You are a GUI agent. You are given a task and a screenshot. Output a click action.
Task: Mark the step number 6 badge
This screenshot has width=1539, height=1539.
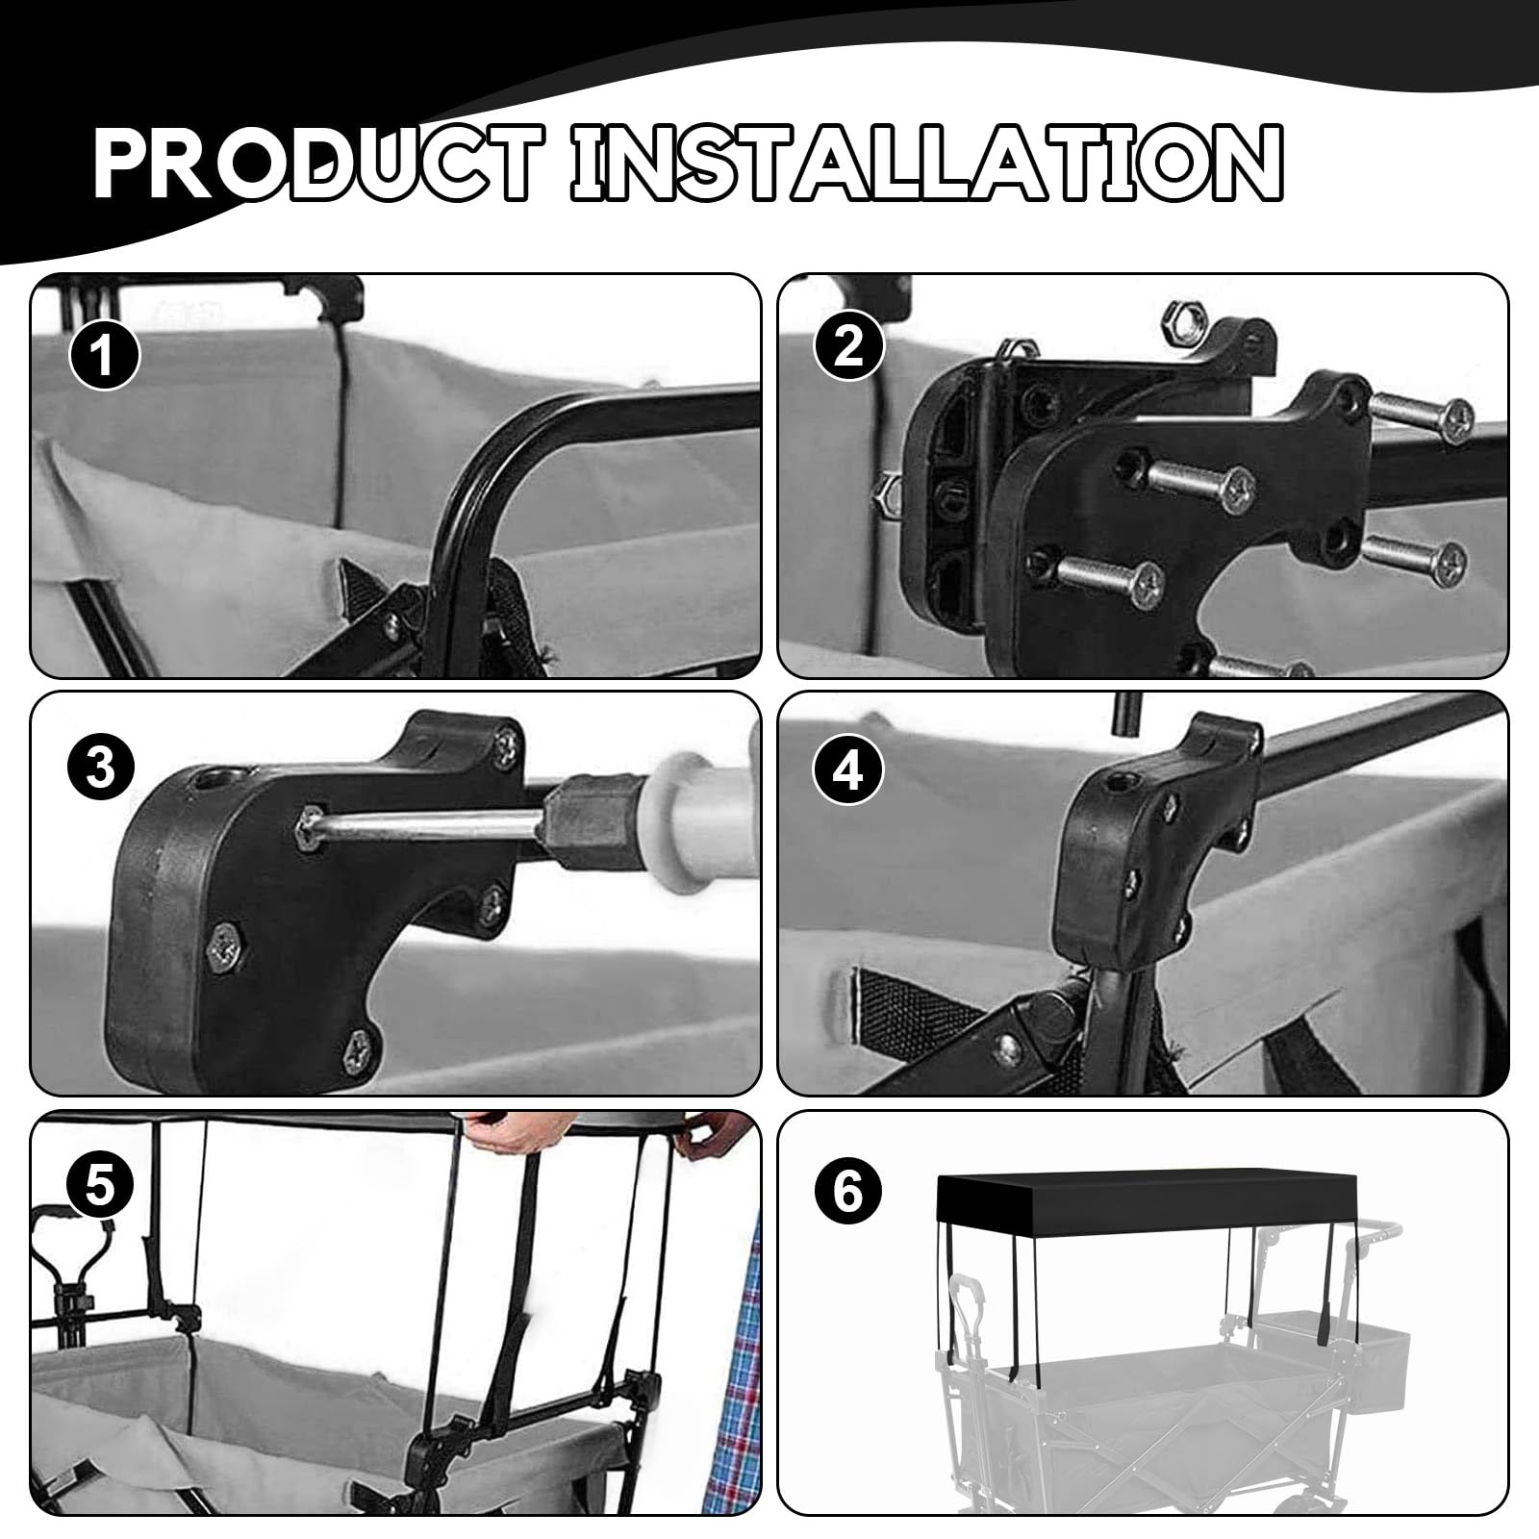tap(848, 1193)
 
